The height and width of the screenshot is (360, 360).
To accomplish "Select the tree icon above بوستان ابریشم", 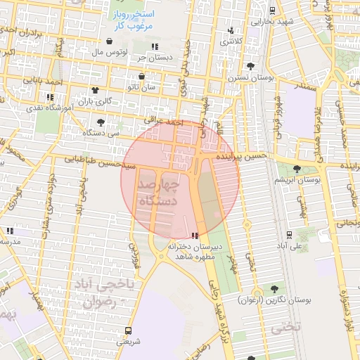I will (298, 169).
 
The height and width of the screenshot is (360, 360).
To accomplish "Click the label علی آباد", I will (290, 247).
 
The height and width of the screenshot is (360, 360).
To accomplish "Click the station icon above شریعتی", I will (128, 330).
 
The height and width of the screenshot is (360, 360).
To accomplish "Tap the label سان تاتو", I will (142, 88).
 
